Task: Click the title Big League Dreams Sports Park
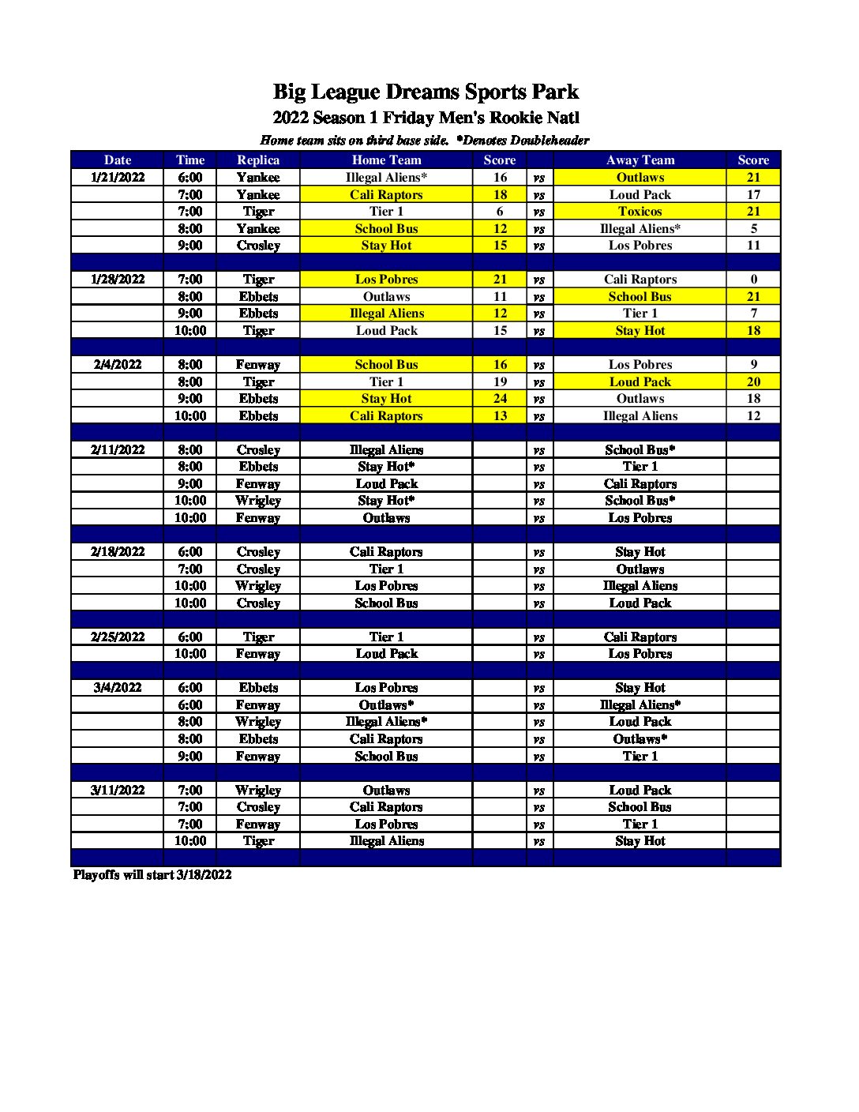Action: click(426, 92)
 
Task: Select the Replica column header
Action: click(258, 160)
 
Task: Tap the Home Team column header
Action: click(386, 160)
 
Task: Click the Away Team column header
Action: click(640, 160)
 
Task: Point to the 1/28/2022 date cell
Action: click(118, 280)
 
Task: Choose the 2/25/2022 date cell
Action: click(118, 637)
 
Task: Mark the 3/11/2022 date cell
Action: click(118, 790)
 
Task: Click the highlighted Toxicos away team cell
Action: click(640, 212)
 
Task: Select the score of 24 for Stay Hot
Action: click(500, 399)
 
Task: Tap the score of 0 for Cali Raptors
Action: click(753, 280)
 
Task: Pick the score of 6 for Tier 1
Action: click(500, 212)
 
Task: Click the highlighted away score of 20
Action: click(753, 381)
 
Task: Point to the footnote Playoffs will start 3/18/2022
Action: click(152, 875)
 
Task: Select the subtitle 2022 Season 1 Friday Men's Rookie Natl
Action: click(426, 118)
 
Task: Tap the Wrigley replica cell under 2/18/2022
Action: click(258, 586)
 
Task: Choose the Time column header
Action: click(190, 160)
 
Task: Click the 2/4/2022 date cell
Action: click(118, 365)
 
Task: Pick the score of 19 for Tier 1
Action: click(500, 381)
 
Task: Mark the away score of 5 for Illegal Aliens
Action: click(753, 229)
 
